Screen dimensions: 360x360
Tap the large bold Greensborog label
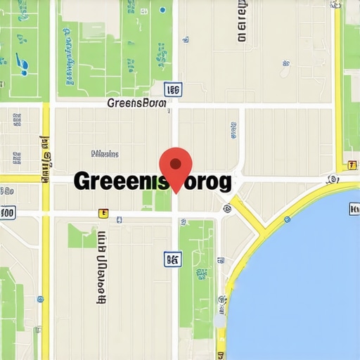click(x=152, y=182)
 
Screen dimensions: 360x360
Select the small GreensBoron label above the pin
click(x=136, y=103)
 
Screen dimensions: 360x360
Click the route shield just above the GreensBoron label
click(x=173, y=89)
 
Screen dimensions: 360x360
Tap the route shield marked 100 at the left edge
click(x=7, y=212)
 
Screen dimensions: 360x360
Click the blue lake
click(x=302, y=281)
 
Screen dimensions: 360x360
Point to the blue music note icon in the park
click(x=23, y=65)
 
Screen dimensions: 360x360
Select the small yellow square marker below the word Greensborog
click(x=103, y=212)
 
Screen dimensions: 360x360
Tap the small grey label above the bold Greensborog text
click(x=105, y=154)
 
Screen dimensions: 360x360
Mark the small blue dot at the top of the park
click(x=163, y=10)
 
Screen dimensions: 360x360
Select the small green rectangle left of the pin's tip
click(x=148, y=198)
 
